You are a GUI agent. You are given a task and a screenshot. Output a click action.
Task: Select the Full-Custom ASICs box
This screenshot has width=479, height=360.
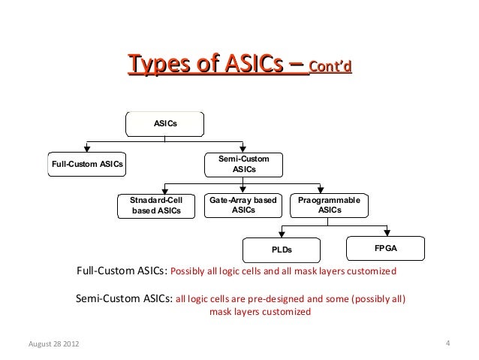tap(87, 163)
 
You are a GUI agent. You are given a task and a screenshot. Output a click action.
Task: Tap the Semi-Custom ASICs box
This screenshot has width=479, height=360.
tap(243, 164)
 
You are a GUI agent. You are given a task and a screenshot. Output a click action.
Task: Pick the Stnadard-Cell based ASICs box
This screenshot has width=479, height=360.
tap(156, 205)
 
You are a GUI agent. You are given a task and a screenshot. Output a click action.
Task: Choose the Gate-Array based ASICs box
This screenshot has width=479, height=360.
tap(243, 205)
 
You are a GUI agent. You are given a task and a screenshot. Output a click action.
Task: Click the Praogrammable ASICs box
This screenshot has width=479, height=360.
tap(329, 205)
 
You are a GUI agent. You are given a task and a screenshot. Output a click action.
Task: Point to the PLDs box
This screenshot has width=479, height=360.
tap(281, 249)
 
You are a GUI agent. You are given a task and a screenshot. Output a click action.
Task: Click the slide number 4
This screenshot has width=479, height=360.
tap(447, 344)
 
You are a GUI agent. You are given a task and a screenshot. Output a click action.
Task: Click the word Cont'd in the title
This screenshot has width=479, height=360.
tap(330, 69)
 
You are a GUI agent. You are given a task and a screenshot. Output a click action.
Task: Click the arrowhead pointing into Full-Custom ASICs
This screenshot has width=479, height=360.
tap(87, 147)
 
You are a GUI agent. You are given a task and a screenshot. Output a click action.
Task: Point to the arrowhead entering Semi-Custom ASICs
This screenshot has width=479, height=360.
tap(243, 147)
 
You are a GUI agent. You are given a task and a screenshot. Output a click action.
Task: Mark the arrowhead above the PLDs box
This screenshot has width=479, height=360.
tap(282, 233)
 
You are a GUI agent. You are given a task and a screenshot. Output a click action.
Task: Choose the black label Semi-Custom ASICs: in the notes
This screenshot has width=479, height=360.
tap(124, 298)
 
